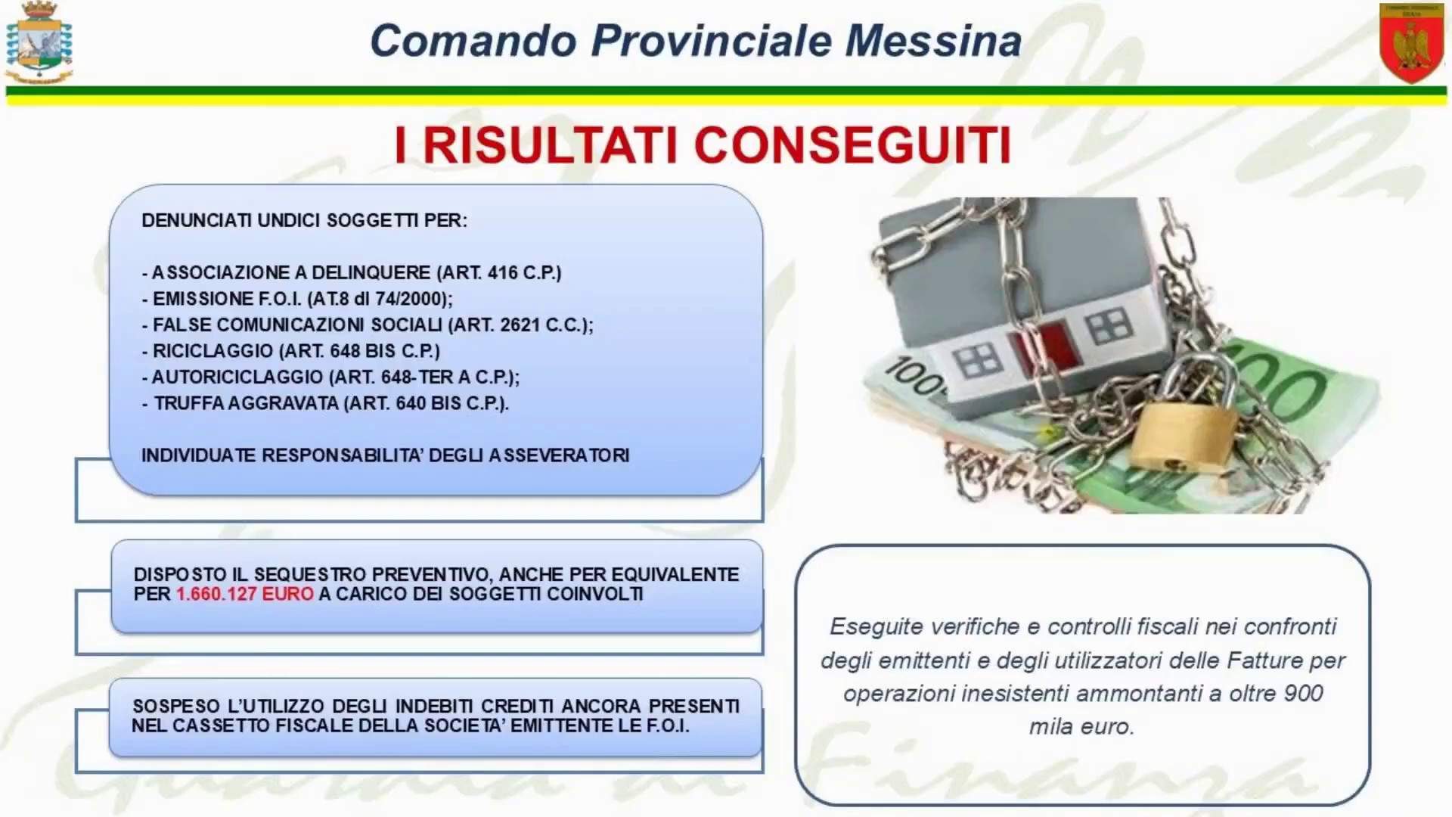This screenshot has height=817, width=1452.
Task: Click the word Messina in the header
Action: click(x=933, y=41)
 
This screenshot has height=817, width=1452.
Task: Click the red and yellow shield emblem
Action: click(x=1411, y=42)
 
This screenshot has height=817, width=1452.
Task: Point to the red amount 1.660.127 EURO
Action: click(x=244, y=594)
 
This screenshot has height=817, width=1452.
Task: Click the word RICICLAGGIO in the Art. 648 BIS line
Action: click(x=213, y=351)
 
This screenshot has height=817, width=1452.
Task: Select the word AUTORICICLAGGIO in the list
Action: click(x=237, y=377)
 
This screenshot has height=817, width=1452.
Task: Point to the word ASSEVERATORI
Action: click(x=559, y=455)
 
